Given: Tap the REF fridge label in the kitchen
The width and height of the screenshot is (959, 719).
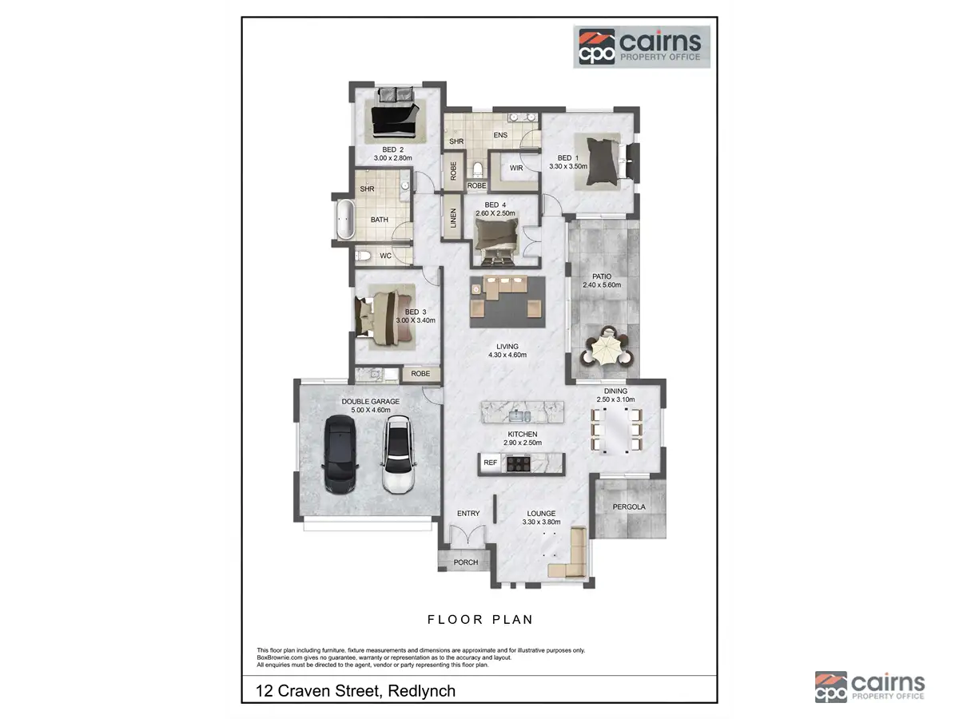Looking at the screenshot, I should [490, 463].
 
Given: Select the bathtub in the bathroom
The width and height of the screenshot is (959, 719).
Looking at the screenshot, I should [344, 220].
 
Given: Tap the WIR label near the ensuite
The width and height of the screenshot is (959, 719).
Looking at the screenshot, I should [516, 168].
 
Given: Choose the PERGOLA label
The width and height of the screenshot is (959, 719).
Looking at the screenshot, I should [629, 506].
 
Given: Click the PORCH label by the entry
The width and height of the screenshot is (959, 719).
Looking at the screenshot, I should [465, 562].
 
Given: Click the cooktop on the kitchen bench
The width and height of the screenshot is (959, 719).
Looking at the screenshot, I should [518, 462].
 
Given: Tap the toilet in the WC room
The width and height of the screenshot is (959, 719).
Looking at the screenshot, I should [363, 256].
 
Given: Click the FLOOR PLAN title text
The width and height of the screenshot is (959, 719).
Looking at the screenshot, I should [479, 619].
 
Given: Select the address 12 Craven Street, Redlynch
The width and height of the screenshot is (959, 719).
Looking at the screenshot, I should [356, 690].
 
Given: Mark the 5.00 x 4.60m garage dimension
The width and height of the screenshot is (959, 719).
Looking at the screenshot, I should [370, 411].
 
